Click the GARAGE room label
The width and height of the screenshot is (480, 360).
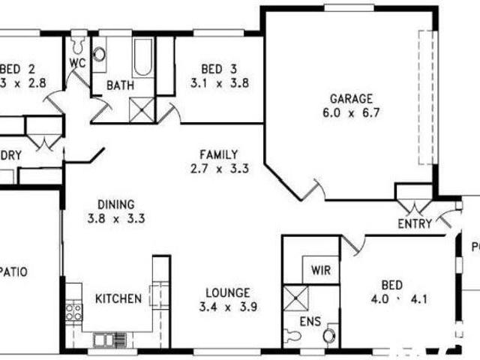pos(351,98)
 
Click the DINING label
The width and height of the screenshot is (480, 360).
pos(115,204)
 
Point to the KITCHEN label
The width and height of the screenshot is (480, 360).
pos(118,298)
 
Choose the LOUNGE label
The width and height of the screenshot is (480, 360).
pos(229,292)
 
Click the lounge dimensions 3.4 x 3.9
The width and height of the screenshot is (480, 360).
pos(229,306)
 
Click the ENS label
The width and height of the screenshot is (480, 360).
pos(310,322)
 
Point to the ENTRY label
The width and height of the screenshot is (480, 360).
pos(414,223)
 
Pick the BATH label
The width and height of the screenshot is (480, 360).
pos(120,85)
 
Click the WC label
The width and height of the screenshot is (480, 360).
pos(78,63)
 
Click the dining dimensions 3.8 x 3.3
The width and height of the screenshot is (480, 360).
pos(115,219)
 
